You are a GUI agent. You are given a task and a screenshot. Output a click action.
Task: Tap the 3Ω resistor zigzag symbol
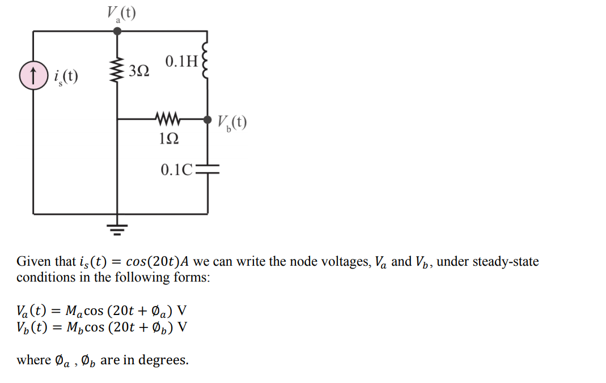(117, 71)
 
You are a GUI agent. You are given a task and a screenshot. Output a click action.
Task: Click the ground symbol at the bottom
(117, 227)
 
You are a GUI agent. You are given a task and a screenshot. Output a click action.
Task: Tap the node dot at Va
(117, 31)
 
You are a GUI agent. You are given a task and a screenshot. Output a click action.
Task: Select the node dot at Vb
(207, 120)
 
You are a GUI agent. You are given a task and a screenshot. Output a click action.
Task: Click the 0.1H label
(180, 61)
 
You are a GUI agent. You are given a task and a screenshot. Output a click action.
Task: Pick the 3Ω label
(139, 71)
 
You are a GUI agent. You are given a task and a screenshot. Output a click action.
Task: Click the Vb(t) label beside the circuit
(232, 123)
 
